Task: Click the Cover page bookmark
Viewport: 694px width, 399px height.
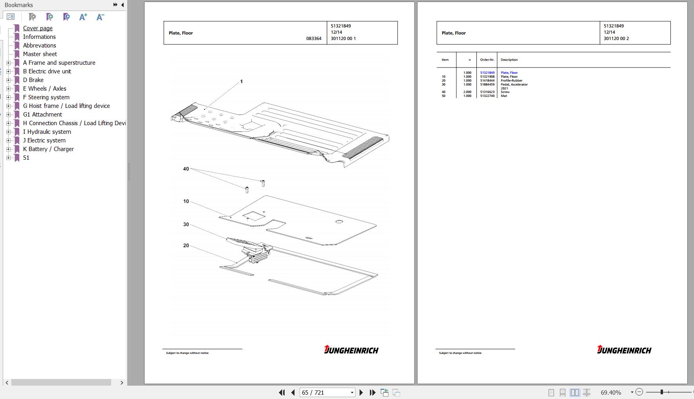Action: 38,28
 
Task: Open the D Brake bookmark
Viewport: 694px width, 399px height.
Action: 33,80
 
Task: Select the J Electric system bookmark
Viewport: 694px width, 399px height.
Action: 44,140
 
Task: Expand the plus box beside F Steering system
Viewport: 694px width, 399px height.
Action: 8,97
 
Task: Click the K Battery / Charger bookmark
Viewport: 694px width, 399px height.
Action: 48,149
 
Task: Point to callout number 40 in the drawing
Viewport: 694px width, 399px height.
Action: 186,169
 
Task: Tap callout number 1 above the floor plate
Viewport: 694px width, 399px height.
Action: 242,82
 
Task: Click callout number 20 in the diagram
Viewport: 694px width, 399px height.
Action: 186,246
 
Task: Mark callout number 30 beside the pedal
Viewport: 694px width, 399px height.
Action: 186,224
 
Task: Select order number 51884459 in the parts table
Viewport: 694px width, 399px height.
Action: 487,84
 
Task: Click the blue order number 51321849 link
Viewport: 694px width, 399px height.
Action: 487,73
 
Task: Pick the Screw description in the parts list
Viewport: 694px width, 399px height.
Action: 505,92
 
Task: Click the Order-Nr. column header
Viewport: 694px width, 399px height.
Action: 487,60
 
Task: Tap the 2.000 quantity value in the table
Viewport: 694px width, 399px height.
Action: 467,92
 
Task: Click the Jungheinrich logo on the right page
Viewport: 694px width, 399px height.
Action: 624,350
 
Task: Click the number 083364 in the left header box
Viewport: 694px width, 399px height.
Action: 314,38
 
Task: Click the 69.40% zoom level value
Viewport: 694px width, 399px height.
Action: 611,392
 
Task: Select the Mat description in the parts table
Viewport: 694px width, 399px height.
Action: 504,96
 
